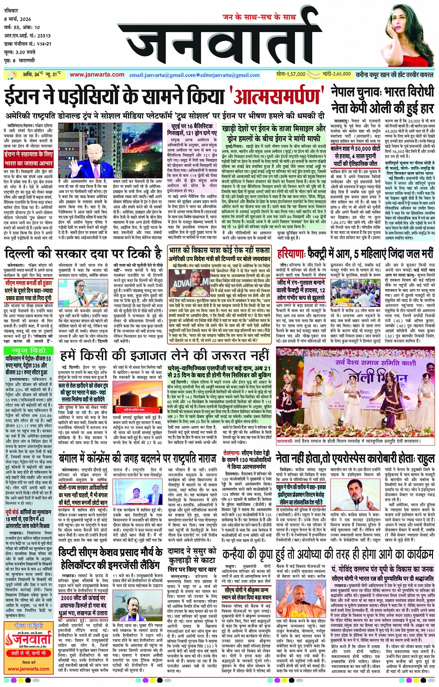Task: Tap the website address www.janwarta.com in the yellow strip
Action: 97,75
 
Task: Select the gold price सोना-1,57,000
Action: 290,74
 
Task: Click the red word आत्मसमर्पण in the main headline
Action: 278,97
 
